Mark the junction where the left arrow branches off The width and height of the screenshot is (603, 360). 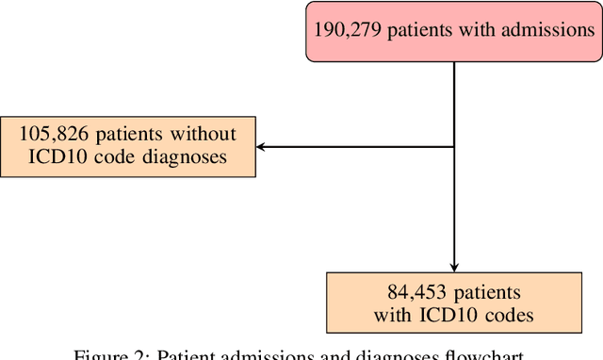[455, 146]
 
